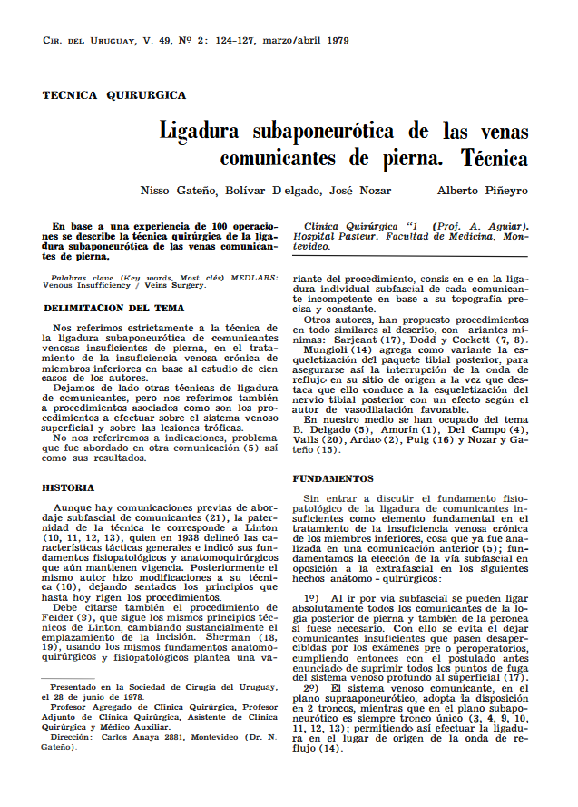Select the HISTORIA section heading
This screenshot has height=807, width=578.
click(68, 487)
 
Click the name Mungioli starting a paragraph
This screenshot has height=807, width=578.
click(331, 349)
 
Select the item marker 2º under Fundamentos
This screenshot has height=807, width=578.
click(312, 690)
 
